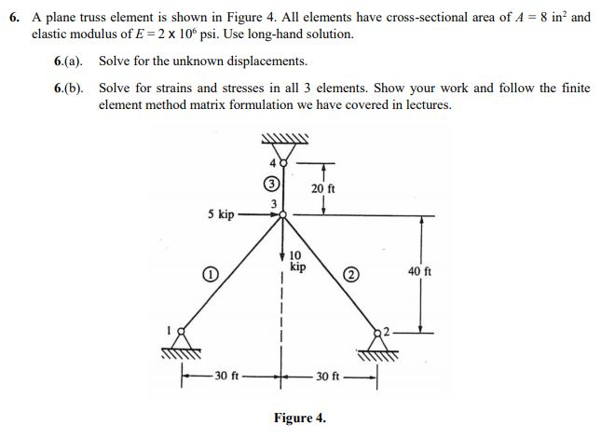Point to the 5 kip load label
221,213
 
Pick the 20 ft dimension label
322,189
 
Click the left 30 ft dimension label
227,377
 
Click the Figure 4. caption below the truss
299,418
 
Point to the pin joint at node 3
283,214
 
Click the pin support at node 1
182,333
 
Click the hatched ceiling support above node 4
282,142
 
